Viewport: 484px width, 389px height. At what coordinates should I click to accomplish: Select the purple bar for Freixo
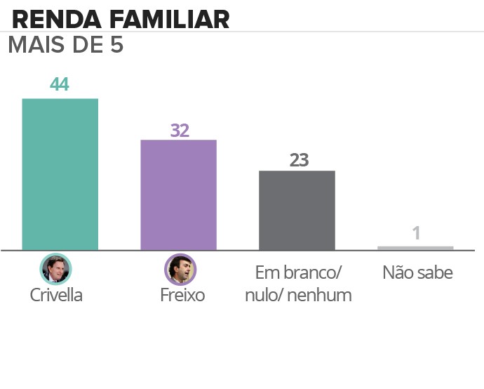tap(178, 194)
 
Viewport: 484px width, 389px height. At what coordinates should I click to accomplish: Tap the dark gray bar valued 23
tap(297, 210)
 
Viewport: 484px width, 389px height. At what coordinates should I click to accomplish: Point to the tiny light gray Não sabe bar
tap(415, 248)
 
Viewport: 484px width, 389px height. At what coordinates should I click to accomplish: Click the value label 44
tap(60, 84)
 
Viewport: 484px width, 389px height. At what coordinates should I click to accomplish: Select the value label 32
tap(180, 130)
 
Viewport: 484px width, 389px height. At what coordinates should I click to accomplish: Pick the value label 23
tap(299, 160)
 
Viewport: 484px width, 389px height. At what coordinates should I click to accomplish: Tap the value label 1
tap(416, 233)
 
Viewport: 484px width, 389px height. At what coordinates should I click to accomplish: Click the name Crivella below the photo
tap(56, 295)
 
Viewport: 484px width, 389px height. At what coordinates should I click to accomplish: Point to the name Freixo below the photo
tap(182, 295)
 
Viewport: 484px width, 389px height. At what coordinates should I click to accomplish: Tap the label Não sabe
tap(417, 272)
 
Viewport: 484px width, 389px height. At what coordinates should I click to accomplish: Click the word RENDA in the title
tap(46, 19)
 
